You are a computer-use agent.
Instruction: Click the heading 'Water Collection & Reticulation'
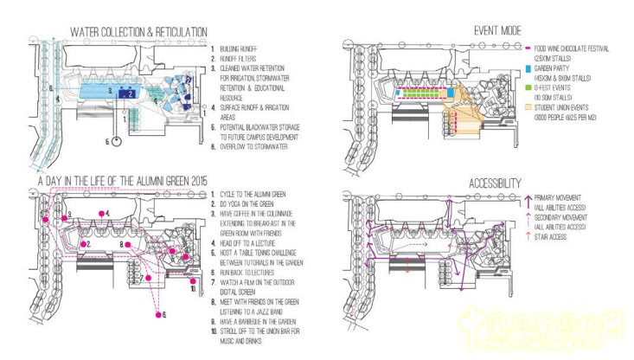[x=138, y=32]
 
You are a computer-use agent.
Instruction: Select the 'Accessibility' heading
[x=495, y=183]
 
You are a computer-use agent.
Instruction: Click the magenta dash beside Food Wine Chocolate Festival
[x=528, y=48]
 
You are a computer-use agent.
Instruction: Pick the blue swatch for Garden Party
[x=528, y=68]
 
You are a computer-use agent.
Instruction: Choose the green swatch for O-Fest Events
[x=528, y=87]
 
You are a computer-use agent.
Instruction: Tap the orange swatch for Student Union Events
[x=528, y=106]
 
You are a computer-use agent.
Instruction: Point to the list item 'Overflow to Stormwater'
[x=258, y=145]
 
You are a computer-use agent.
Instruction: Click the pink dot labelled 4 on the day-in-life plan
[x=101, y=213]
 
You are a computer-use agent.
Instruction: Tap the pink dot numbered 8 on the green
[x=127, y=246]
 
